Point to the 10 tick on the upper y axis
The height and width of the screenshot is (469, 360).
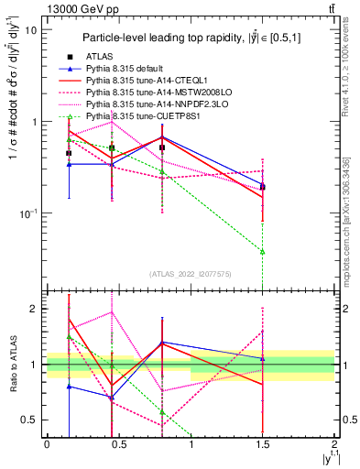[30, 29]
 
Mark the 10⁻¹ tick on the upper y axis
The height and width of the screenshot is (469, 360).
[27, 213]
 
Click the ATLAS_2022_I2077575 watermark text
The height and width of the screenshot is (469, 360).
[191, 273]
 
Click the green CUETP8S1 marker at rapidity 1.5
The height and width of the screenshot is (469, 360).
[263, 251]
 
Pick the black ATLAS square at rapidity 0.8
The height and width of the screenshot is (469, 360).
[162, 147]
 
